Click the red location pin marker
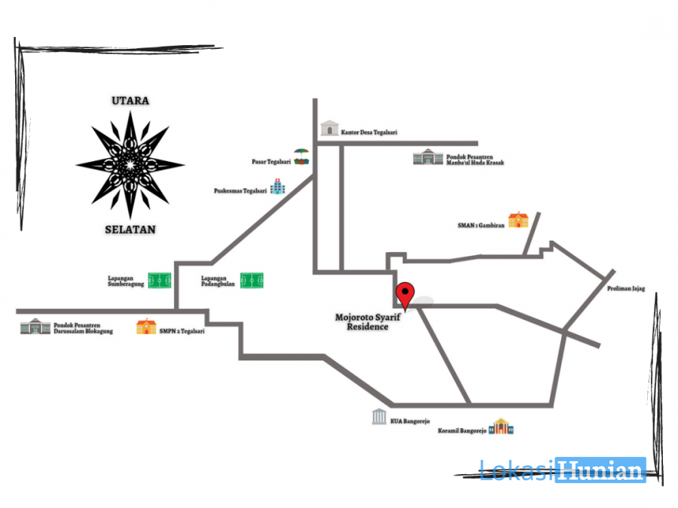pyautogui.click(x=406, y=294)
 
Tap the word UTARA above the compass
pyautogui.click(x=130, y=100)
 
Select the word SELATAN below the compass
pyautogui.click(x=130, y=230)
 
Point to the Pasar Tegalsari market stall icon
pyautogui.click(x=301, y=157)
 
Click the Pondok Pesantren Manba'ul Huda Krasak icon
pyautogui.click(x=427, y=157)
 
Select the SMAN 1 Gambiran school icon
pyautogui.click(x=518, y=220)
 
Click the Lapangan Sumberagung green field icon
pyautogui.click(x=159, y=281)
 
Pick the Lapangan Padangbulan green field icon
pyautogui.click(x=252, y=281)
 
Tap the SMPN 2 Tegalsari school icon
pyautogui.click(x=146, y=327)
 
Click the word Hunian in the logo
pyautogui.click(x=600, y=470)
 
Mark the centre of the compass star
pyautogui.click(x=130, y=164)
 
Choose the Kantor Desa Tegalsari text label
pyautogui.click(x=368, y=132)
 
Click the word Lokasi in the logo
pyautogui.click(x=518, y=470)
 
